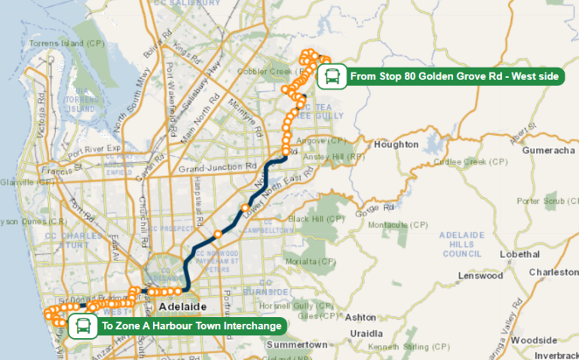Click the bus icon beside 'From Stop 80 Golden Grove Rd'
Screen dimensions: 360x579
click(x=332, y=76)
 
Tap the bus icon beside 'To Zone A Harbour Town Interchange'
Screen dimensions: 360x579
click(x=82, y=327)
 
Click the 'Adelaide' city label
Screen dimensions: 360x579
click(x=182, y=308)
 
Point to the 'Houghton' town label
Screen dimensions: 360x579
click(x=395, y=144)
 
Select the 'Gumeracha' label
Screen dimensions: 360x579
click(x=548, y=151)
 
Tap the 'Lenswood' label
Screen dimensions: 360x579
click(x=479, y=275)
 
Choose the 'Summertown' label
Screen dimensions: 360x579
click(x=298, y=344)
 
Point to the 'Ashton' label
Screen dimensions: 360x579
click(x=360, y=317)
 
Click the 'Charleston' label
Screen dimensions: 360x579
click(x=553, y=272)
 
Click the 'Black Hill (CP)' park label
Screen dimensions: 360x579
click(x=316, y=219)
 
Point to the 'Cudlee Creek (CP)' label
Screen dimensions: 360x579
click(x=475, y=162)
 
